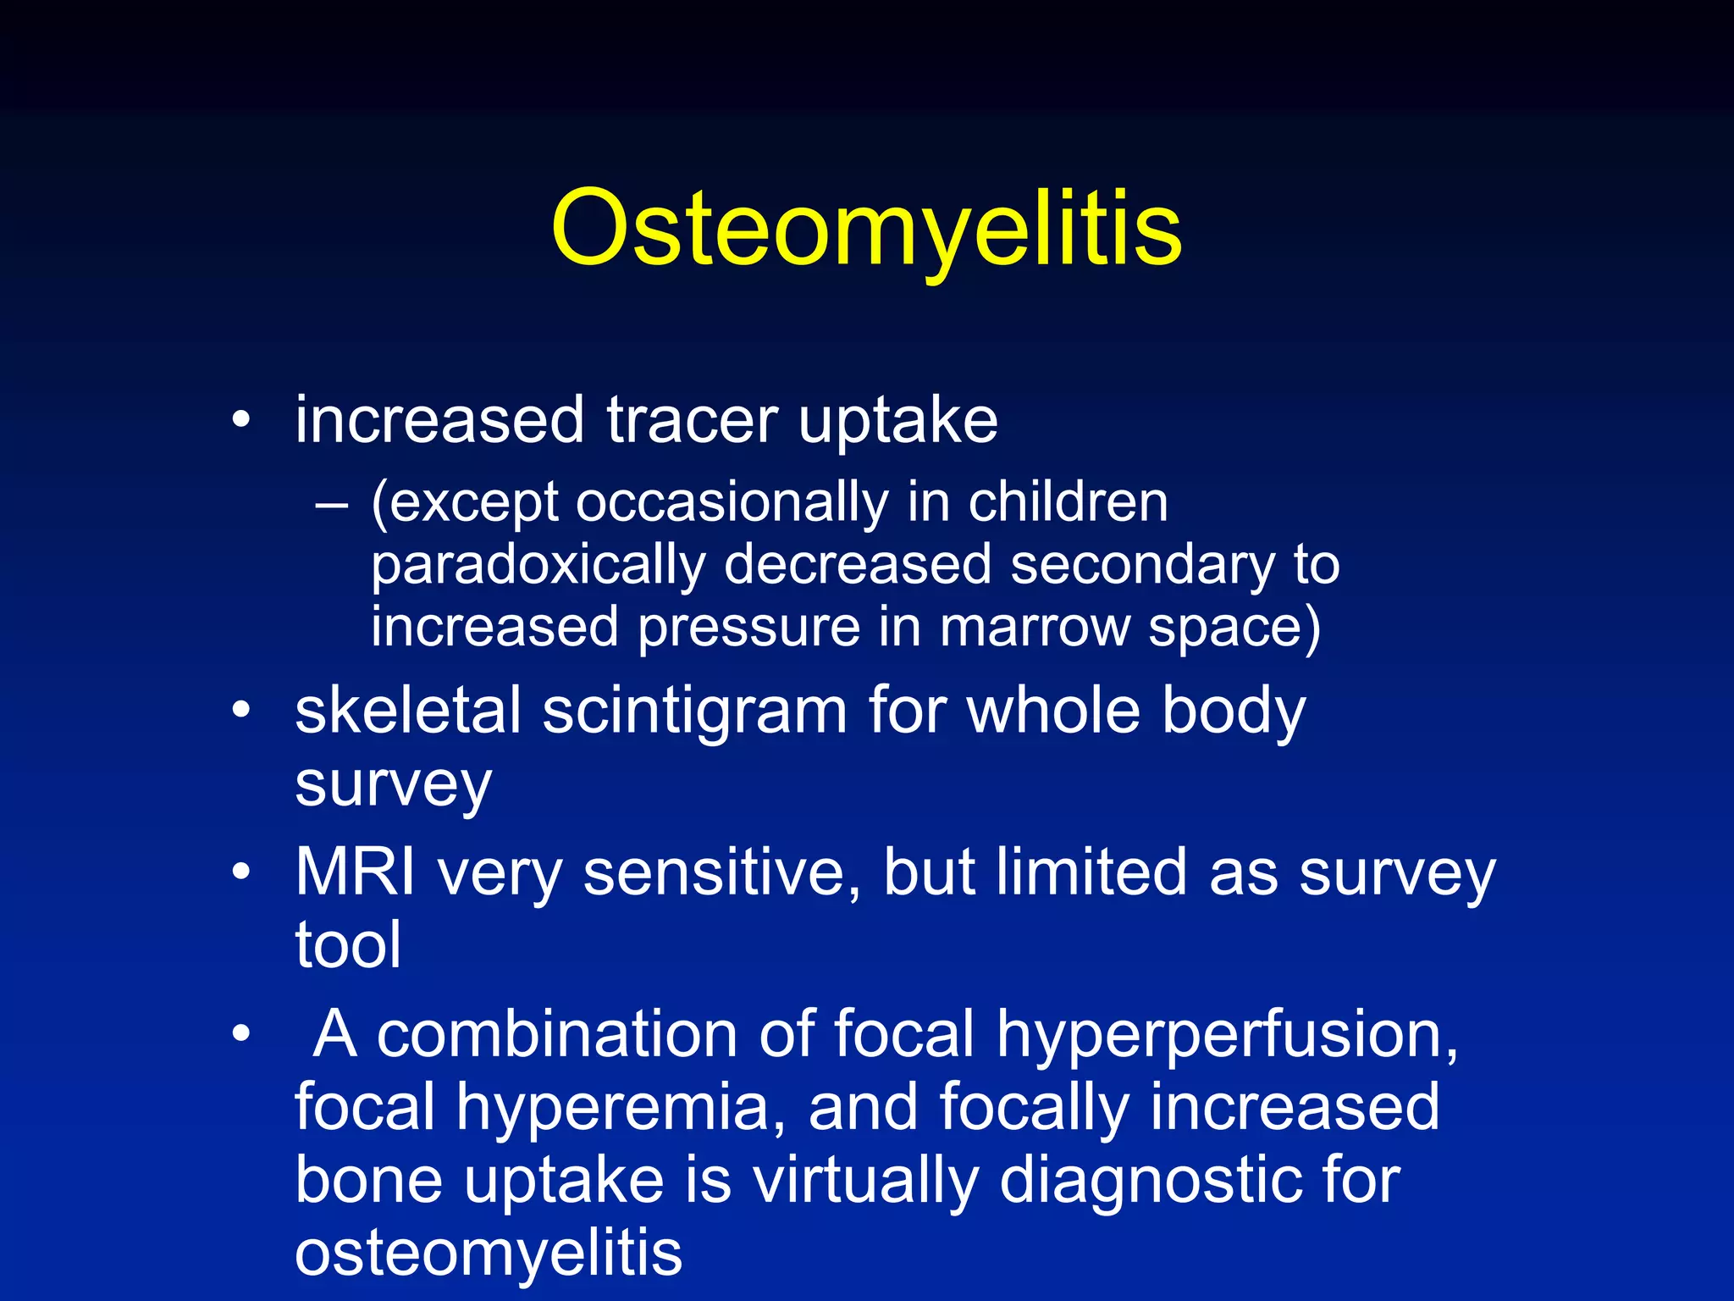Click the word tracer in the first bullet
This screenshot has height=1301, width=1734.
(692, 420)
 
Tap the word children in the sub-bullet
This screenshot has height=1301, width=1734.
(1068, 502)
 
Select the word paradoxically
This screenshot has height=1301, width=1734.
(538, 566)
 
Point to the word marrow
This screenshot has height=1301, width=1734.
(1034, 628)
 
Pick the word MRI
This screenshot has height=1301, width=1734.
(355, 872)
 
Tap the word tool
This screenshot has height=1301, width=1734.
(348, 944)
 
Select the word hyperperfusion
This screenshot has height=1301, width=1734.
(1227, 1035)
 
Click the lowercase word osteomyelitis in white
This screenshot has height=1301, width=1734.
(489, 1253)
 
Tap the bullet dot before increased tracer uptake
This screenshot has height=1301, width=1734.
(241, 419)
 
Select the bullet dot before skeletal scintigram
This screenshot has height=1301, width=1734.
(241, 710)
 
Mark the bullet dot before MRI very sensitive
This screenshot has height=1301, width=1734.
(241, 872)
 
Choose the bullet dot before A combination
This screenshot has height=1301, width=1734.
(241, 1033)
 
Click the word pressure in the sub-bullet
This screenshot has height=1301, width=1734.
(748, 628)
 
